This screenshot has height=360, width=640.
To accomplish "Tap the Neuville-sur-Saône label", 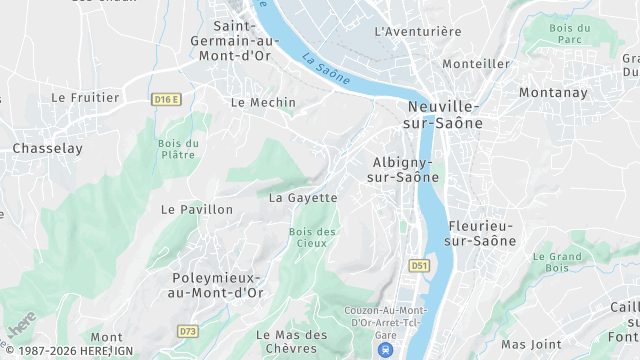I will tap(445, 115).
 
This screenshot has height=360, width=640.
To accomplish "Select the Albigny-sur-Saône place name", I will tap(404, 169).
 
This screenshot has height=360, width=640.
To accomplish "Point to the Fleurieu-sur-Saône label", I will tap(482, 233).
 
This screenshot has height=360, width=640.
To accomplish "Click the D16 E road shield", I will tap(166, 99).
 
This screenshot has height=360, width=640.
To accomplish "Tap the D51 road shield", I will tap(419, 265).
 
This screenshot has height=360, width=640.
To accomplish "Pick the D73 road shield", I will tap(187, 330).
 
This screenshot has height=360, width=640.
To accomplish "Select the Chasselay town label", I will tap(47, 148).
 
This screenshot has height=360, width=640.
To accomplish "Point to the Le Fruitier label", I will tap(85, 98).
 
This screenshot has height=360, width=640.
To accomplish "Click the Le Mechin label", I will tap(263, 102).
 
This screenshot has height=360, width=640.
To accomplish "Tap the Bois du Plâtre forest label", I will tap(178, 149).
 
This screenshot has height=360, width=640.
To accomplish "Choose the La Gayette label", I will tap(303, 198).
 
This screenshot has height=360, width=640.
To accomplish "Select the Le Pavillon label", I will tap(196, 210).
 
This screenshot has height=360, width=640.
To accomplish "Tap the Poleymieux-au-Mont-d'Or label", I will tap(217, 285).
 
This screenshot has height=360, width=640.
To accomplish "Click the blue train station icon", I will tap(385, 350).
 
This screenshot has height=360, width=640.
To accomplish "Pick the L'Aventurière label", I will tap(418, 32).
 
